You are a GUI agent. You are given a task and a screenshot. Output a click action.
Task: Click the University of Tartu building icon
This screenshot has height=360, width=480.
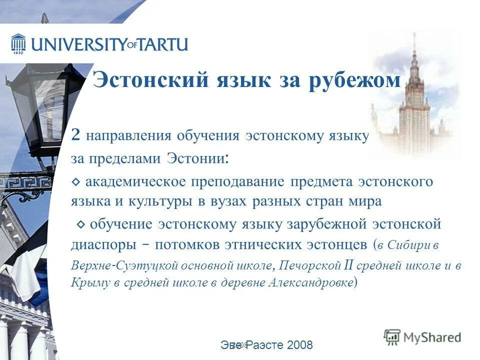18,43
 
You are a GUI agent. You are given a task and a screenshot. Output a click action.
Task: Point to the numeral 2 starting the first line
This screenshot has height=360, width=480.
75,135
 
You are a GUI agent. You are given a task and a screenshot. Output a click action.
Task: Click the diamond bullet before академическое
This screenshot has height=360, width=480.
75,182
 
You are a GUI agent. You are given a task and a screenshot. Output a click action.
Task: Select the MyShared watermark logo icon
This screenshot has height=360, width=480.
392,336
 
